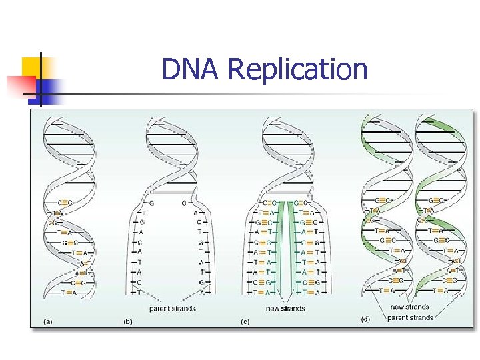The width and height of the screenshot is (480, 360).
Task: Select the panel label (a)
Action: pyautogui.click(x=48, y=322)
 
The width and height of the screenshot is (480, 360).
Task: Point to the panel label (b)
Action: pyautogui.click(x=127, y=322)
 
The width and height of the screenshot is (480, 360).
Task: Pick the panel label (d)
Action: pyautogui.click(x=365, y=319)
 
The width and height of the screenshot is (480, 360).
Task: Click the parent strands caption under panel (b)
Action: pyautogui.click(x=172, y=309)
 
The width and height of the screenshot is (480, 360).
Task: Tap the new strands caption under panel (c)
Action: pyautogui.click(x=285, y=309)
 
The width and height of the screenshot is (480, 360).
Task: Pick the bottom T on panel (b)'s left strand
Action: pyautogui.click(x=139, y=292)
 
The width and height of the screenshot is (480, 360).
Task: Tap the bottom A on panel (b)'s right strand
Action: pyautogui.click(x=202, y=292)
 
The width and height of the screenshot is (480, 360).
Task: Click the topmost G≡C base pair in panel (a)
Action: pyautogui.click(x=65, y=202)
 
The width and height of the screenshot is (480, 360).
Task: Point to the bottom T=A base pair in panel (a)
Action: pyautogui.click(x=68, y=292)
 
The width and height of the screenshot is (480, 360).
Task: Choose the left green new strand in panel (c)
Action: pyautogui.click(x=281, y=247)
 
